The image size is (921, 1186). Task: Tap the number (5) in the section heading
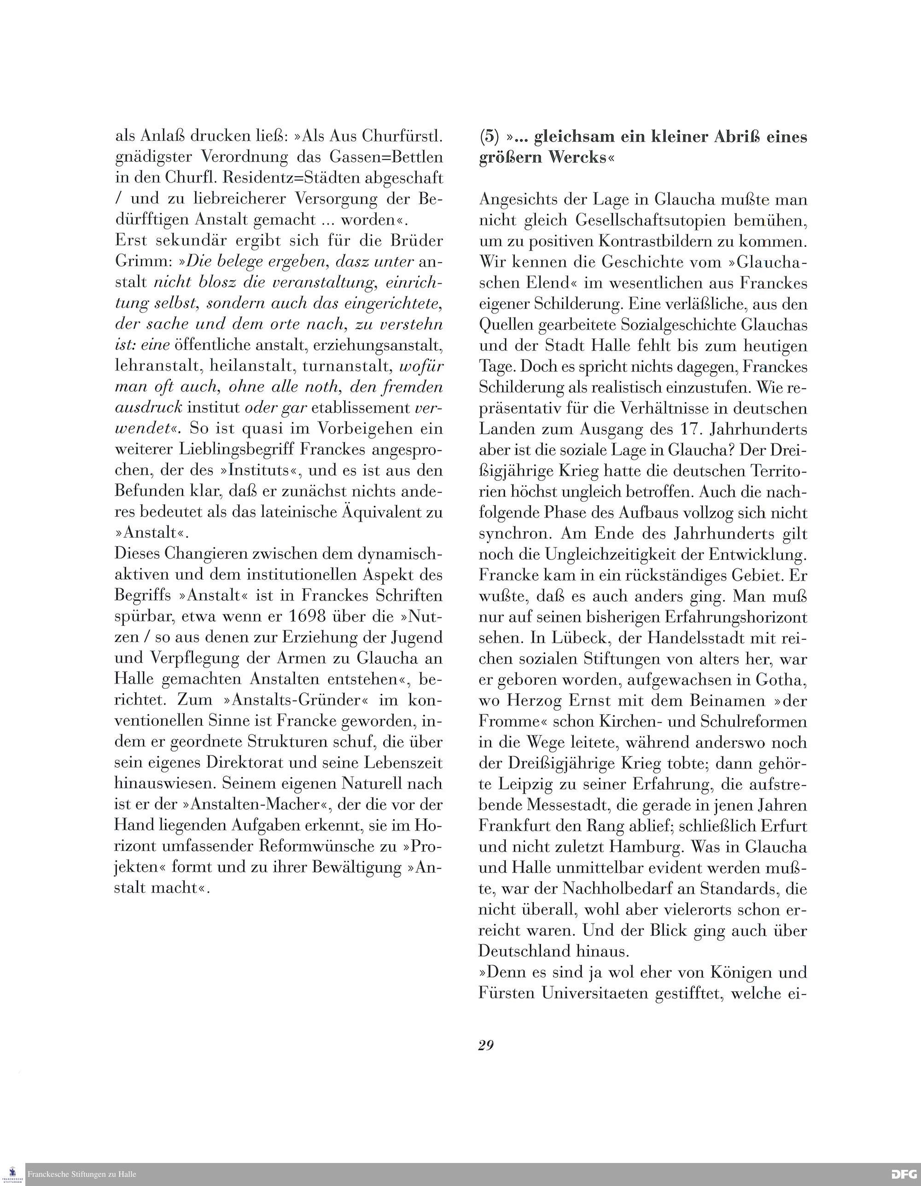[x=489, y=136]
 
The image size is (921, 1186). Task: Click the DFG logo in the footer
[x=904, y=1174]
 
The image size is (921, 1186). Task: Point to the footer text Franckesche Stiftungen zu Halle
[x=82, y=1174]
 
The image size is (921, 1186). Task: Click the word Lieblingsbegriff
[x=230, y=450]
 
